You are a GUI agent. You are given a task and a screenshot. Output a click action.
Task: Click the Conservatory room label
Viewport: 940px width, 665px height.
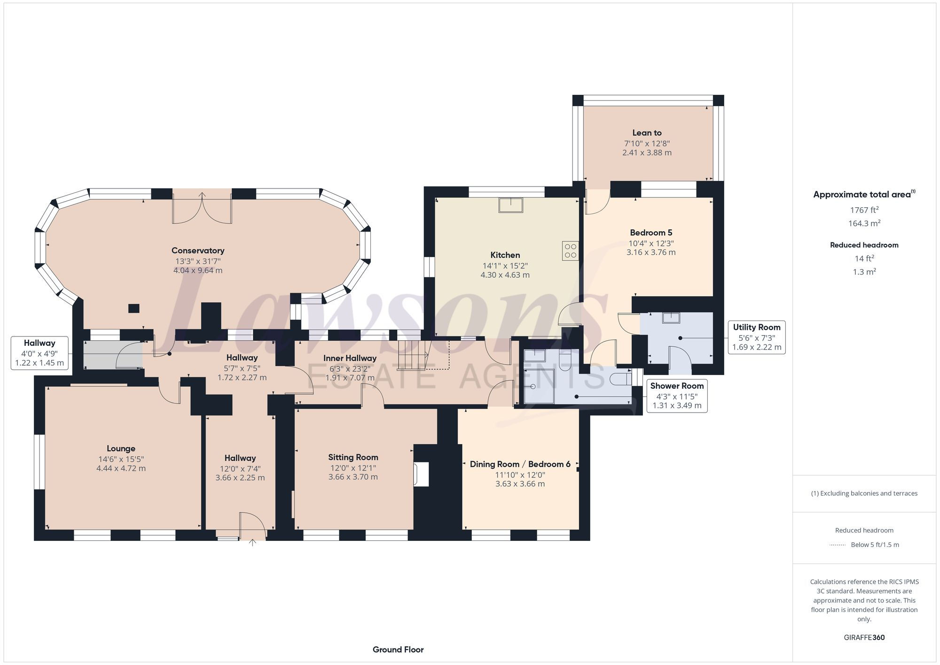coord(197,250)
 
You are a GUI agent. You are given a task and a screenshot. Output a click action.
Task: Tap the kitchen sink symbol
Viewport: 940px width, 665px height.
coord(511,205)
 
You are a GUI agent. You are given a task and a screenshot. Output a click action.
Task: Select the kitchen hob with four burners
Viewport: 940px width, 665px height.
coord(570,250)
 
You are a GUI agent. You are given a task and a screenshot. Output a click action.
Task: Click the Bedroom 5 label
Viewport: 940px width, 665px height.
coord(651,233)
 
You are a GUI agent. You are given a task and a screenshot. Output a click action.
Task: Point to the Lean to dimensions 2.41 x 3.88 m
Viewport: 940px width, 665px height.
coord(647,153)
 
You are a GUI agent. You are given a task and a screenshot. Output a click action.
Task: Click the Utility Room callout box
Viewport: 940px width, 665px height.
coord(756,337)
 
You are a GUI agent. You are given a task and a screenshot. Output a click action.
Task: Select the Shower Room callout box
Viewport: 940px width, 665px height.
coord(677,396)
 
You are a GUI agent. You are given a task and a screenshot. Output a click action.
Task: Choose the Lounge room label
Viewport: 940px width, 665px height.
coord(121,449)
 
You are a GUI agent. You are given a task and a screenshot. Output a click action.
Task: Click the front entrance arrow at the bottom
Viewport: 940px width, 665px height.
coord(252,543)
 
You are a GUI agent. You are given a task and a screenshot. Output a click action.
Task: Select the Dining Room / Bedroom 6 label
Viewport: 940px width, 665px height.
coord(520,464)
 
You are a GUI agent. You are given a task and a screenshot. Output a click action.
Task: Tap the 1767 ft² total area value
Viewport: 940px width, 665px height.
coord(864,210)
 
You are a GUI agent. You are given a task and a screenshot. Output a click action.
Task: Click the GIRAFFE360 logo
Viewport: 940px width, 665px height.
coord(864,638)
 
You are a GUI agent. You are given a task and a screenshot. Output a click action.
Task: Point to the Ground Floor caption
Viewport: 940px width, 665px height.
coord(398,649)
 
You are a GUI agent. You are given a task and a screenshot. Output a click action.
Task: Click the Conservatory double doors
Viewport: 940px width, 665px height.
coord(202,209)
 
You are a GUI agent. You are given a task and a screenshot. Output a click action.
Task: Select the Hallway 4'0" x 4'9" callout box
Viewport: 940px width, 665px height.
coord(39,353)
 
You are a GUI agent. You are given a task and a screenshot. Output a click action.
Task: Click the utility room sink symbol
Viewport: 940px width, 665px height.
coord(671,318)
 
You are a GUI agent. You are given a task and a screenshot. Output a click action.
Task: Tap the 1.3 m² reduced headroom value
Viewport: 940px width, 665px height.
coord(864,272)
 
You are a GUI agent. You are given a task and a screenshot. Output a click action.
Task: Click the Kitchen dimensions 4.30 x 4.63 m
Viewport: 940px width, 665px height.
coord(505,275)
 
